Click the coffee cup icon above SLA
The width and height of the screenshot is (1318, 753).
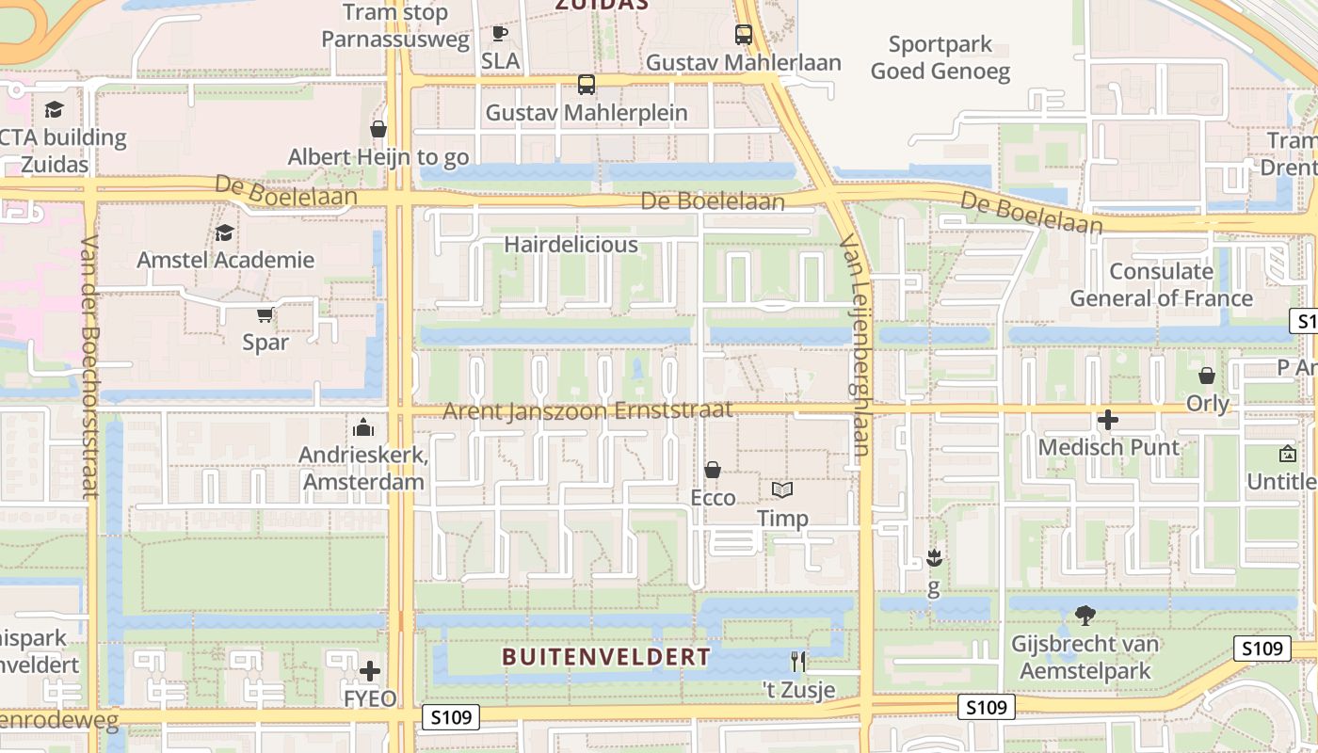pos(500,34)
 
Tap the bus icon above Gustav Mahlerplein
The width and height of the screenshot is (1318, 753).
pos(587,85)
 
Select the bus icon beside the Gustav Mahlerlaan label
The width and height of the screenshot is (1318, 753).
pos(744,35)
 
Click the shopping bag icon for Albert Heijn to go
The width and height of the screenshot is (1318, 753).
pos(378,129)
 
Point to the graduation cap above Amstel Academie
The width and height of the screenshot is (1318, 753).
pos(225,232)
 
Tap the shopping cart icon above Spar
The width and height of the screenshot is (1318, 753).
pos(265,315)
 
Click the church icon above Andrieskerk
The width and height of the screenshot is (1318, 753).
pos(363,428)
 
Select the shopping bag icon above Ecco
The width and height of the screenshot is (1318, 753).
pos(713,469)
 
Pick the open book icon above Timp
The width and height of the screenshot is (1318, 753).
pos(782,490)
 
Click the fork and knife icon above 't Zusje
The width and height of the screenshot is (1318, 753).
pos(798,662)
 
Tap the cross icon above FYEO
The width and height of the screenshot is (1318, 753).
pos(370,671)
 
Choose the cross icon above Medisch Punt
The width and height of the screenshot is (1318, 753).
pos(1108,420)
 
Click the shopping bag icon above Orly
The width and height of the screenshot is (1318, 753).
pos(1207,376)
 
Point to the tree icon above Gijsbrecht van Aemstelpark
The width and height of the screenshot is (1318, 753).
pos(1085,617)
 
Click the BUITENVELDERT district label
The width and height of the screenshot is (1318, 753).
pos(606,656)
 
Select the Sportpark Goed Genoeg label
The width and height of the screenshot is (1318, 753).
pos(940,57)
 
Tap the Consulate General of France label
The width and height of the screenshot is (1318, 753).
pos(1161,284)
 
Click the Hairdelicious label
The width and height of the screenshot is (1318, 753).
pos(571,245)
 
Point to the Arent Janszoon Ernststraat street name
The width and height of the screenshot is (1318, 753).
pos(587,411)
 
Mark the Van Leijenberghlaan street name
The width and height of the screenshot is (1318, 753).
pos(855,348)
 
